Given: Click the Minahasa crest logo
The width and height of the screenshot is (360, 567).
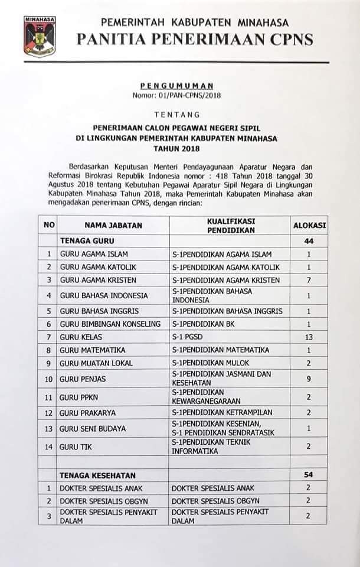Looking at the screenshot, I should tap(39, 37).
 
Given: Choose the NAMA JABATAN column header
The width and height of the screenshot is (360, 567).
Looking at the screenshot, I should tap(112, 224).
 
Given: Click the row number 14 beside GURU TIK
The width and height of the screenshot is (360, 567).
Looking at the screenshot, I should tap(49, 447).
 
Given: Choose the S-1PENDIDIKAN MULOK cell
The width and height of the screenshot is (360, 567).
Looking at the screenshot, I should tap(213, 363).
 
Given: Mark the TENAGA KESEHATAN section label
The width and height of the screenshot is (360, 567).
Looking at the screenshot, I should tap(97, 475).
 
